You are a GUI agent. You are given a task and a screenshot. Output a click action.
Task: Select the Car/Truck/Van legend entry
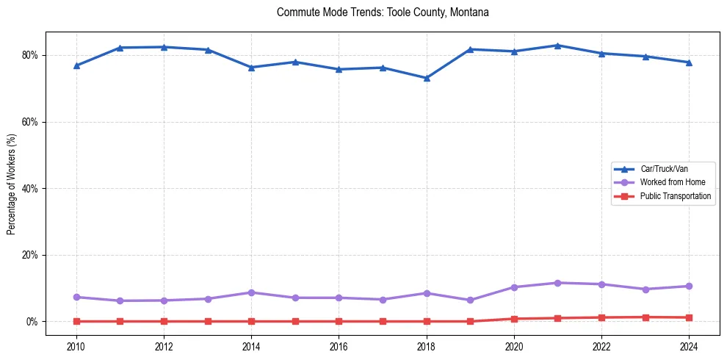click(664, 169)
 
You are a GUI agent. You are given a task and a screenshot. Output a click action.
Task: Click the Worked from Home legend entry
click(669, 182)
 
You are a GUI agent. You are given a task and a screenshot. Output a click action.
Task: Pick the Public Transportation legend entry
click(675, 196)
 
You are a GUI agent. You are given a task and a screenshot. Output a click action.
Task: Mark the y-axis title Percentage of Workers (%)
click(12, 188)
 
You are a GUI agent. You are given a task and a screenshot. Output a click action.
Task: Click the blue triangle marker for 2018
click(426, 78)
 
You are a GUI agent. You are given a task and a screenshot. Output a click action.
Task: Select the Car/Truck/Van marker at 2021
click(557, 46)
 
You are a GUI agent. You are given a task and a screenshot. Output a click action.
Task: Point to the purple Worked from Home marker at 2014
click(251, 292)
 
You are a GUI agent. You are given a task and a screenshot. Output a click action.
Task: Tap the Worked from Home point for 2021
click(557, 283)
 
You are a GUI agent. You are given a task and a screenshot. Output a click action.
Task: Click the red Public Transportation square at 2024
click(689, 317)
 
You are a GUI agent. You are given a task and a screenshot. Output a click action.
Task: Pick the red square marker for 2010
click(76, 321)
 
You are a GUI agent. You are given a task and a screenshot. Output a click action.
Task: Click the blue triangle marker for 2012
click(164, 47)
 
